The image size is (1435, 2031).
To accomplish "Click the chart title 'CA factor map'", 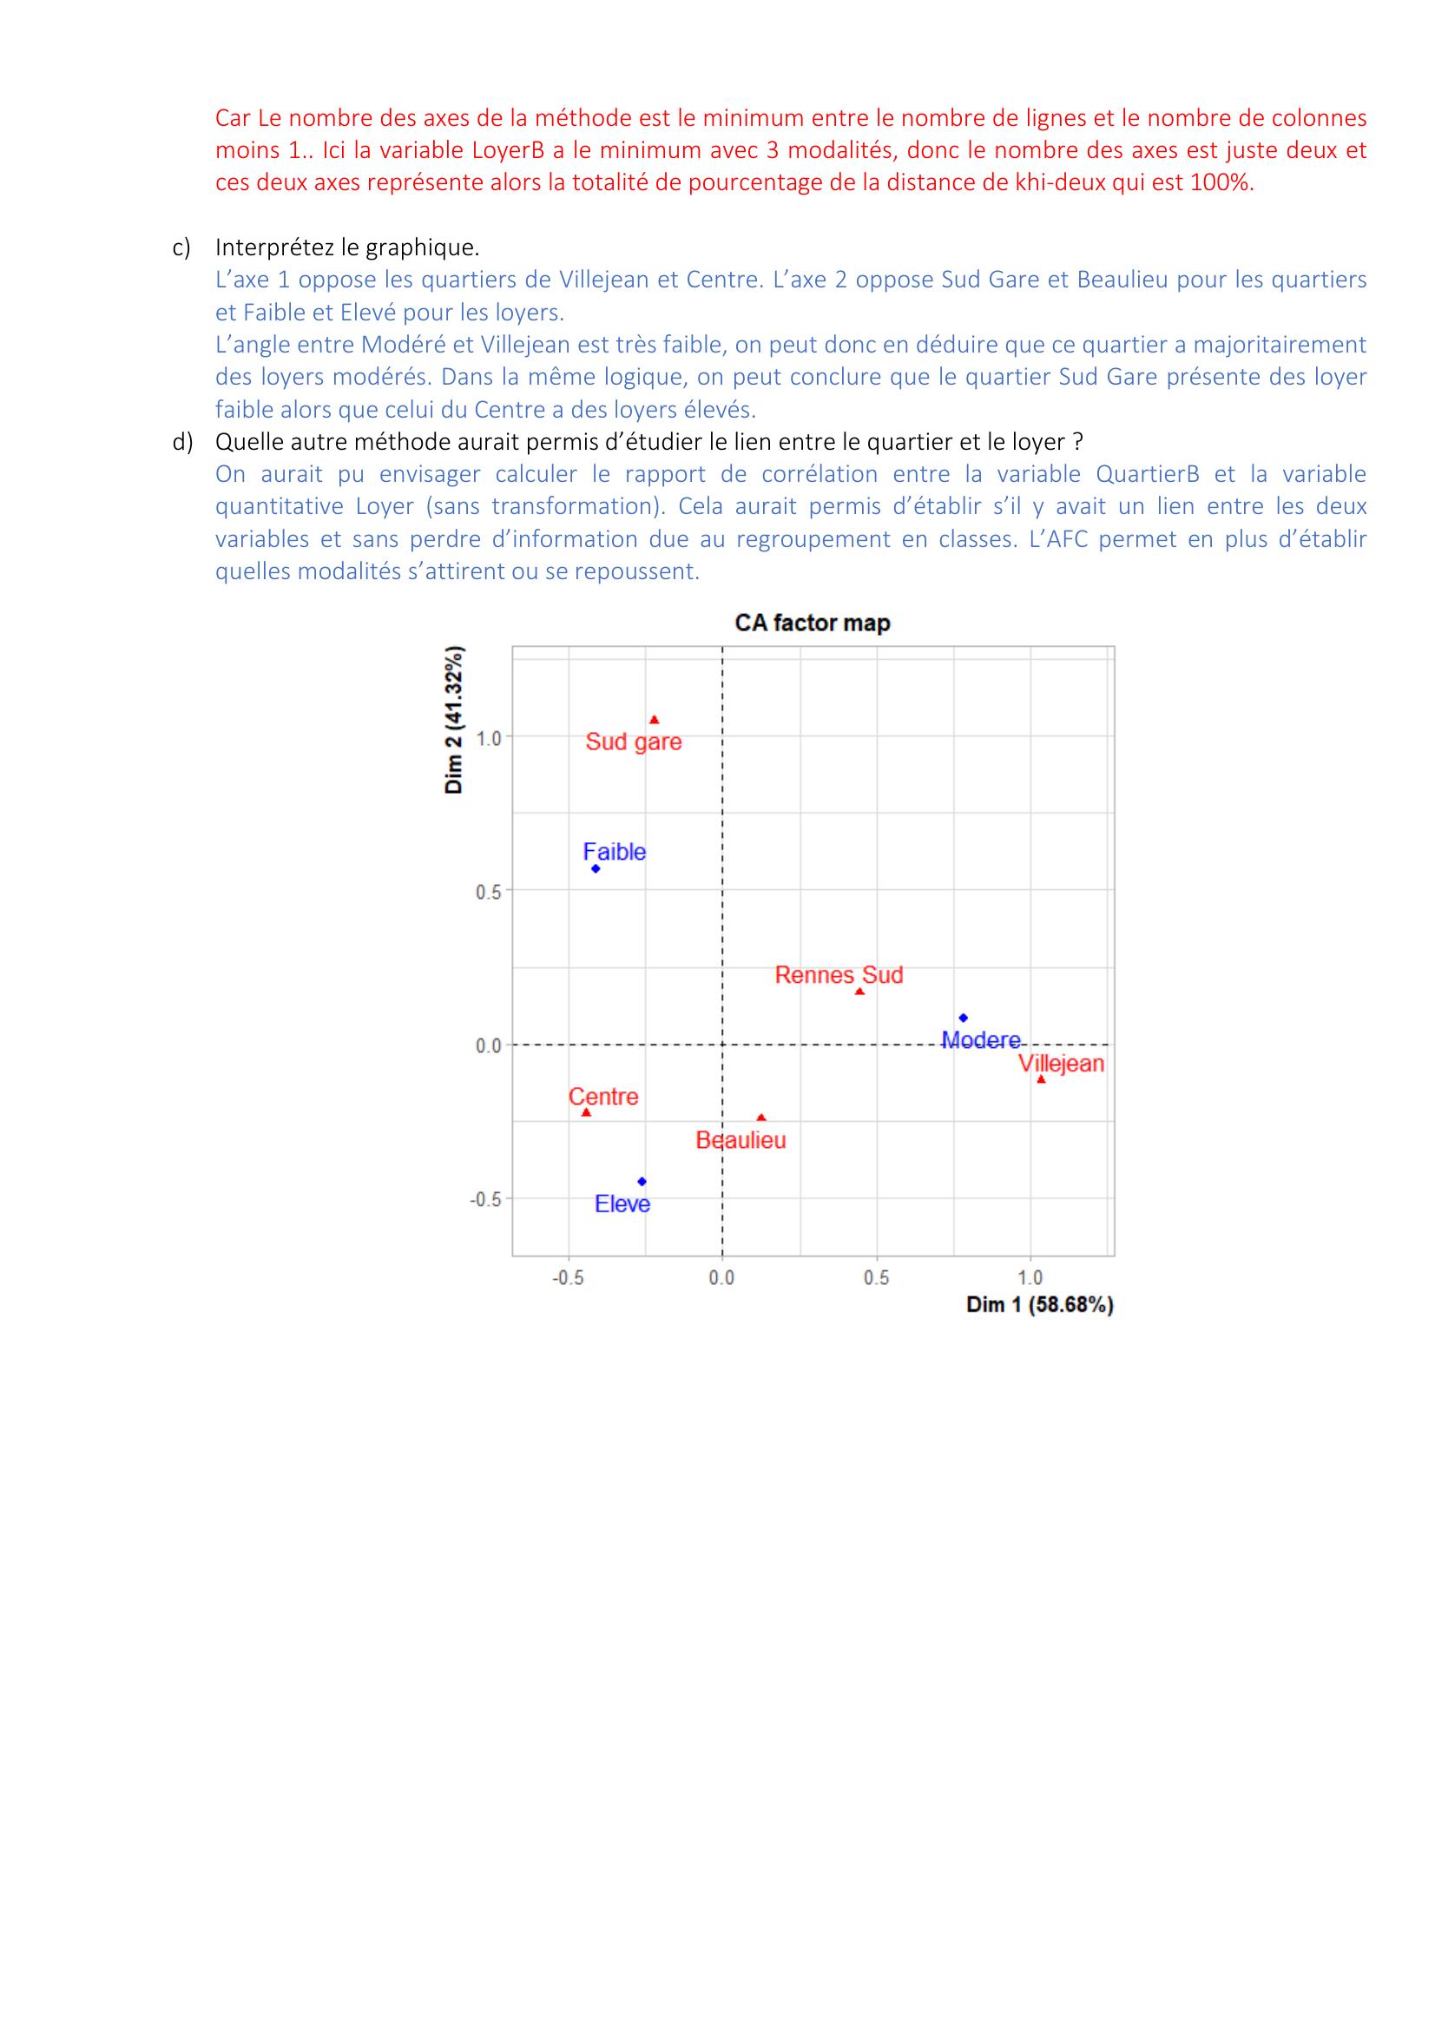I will (x=812, y=623).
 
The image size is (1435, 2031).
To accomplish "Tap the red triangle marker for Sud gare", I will (x=654, y=720).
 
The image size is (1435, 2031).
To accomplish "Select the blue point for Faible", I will (x=596, y=868).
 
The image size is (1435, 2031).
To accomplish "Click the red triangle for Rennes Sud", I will (x=859, y=992).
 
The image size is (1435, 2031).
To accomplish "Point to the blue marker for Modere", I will (x=963, y=1019).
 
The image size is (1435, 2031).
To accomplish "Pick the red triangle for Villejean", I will (x=1041, y=1079).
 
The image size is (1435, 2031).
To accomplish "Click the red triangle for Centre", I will (x=586, y=1113).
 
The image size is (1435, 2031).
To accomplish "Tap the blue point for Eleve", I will (x=642, y=1182).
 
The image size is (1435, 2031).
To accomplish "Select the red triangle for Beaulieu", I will (x=761, y=1118).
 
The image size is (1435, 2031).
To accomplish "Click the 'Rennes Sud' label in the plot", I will (x=839, y=975).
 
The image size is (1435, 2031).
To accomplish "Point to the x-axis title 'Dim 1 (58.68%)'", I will (x=1039, y=1305).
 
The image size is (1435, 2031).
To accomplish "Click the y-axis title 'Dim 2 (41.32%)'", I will (x=453, y=720).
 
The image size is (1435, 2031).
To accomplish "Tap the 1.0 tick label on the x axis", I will (x=1030, y=1277).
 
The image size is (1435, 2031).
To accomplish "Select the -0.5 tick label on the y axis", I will (x=485, y=1199).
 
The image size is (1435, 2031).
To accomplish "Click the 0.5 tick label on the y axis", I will (x=488, y=892).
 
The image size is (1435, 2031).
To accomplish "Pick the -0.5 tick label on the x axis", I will (x=568, y=1277).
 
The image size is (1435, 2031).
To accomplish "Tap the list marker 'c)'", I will (x=181, y=247).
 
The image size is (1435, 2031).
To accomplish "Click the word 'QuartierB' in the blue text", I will (x=1147, y=474).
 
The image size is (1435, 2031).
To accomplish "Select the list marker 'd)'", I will (x=182, y=441).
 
